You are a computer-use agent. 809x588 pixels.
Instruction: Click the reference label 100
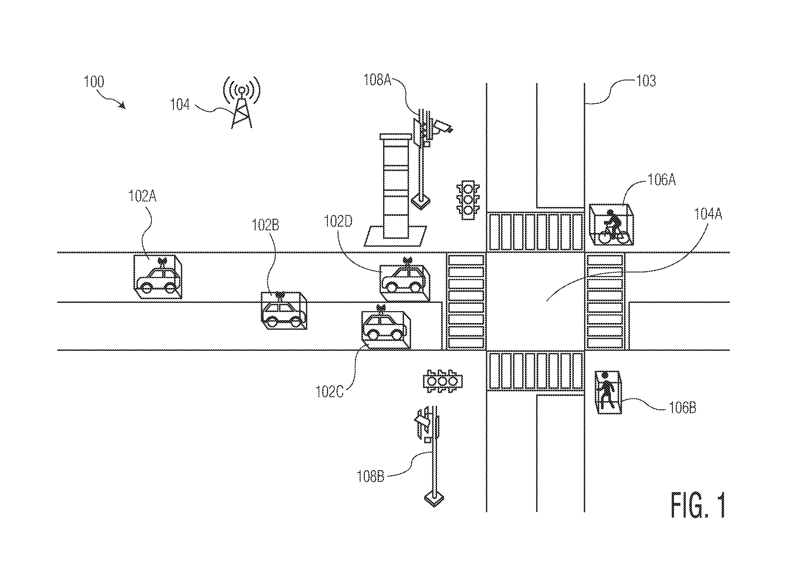[94, 82]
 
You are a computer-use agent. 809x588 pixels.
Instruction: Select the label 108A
[377, 80]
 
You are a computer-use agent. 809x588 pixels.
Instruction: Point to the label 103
[646, 81]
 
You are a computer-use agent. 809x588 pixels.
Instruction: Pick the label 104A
[708, 214]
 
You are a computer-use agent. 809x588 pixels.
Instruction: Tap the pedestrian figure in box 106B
[607, 391]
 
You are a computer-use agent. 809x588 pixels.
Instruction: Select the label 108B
[371, 477]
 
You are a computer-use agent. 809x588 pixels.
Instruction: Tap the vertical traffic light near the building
[468, 200]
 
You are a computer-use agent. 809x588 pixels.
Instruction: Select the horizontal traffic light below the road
[443, 381]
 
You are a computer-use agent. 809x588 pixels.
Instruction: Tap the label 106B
[682, 408]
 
